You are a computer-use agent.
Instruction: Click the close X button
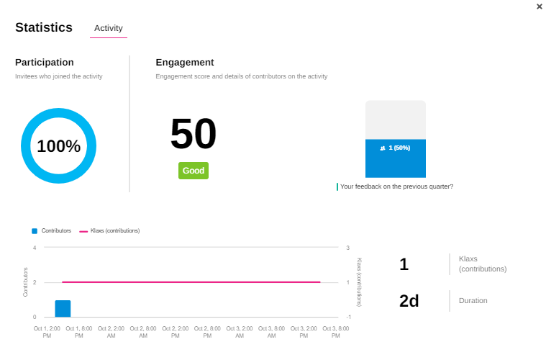(540, 6)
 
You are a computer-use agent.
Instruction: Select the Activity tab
(109, 28)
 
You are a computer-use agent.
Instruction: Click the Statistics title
(44, 27)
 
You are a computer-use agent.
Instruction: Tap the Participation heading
(45, 63)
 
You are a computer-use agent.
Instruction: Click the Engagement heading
(185, 63)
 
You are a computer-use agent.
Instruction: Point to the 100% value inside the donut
(58, 146)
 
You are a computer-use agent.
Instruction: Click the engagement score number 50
(193, 135)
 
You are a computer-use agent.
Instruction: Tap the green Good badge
(194, 171)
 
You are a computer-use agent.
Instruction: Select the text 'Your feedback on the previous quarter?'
(396, 186)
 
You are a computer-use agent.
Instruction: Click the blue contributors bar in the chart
(63, 308)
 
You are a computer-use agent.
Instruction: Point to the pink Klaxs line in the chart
(191, 282)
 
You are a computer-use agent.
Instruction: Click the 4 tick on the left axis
(35, 248)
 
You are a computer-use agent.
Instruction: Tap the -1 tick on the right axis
(348, 317)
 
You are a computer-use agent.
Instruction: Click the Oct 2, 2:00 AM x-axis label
(112, 332)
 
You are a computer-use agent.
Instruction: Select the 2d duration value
(409, 301)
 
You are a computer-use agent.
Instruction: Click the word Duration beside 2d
(473, 300)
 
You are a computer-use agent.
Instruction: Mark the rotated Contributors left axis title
(26, 282)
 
